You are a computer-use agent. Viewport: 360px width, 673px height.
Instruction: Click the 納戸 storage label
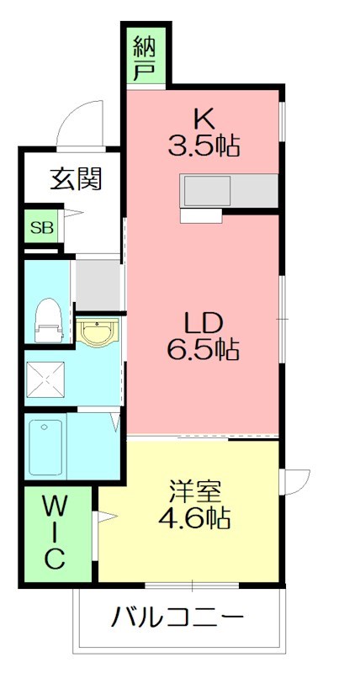(x=147, y=56)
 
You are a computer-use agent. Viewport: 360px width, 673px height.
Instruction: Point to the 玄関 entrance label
(x=76, y=179)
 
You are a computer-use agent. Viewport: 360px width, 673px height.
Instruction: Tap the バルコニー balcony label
(x=177, y=620)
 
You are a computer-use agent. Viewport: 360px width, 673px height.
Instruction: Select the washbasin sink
(x=98, y=333)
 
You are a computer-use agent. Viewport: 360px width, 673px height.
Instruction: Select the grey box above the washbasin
(x=99, y=284)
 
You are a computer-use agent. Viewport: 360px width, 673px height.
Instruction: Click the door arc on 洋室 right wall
(x=294, y=480)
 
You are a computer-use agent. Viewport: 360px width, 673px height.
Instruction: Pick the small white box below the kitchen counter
(x=201, y=216)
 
